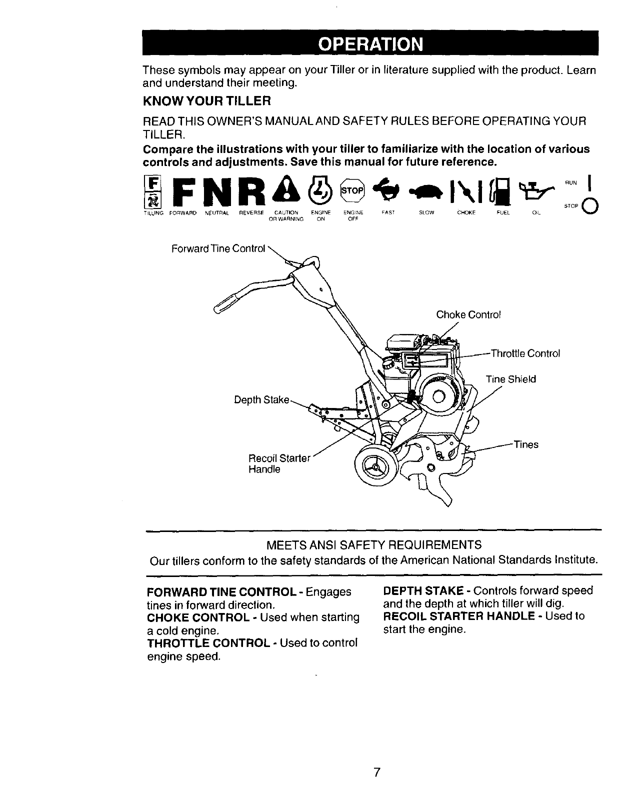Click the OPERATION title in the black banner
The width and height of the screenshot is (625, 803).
coord(370,44)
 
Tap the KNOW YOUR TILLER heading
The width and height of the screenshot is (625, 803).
coord(206,101)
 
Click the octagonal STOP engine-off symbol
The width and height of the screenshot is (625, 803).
coord(352,191)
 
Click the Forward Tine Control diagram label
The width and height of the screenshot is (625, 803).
coord(218,248)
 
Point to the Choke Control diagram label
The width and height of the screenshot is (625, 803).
coord(468,314)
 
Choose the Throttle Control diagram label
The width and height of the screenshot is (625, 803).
coord(525,353)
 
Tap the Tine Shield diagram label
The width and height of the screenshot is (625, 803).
coord(510,379)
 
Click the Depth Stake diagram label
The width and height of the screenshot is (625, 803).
coord(261,400)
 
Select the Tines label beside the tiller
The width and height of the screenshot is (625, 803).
coord(525,444)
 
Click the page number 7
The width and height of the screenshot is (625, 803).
coord(377,772)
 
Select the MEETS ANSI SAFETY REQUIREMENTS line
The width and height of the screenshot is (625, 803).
coord(374,544)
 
